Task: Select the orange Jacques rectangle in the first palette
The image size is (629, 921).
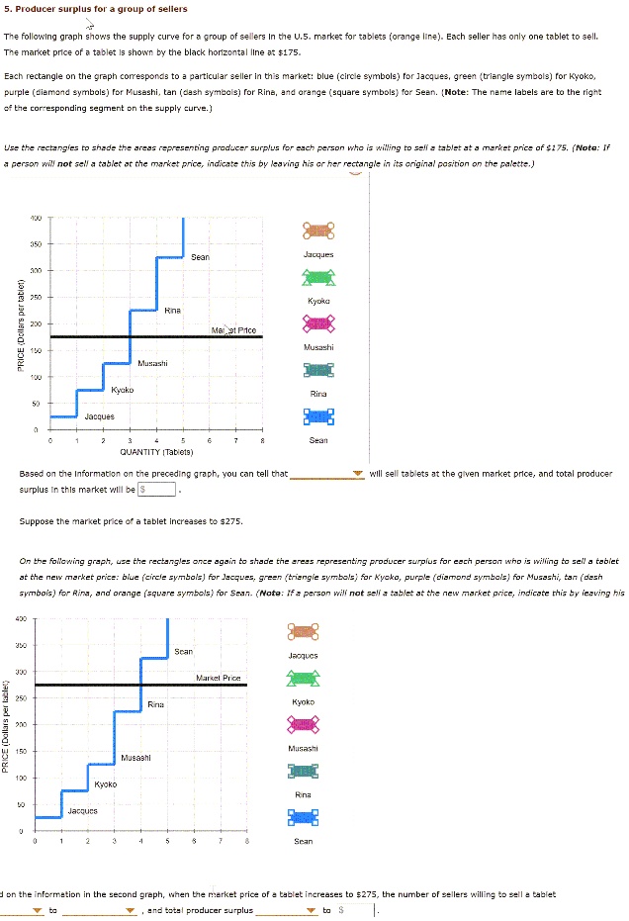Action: tap(318, 230)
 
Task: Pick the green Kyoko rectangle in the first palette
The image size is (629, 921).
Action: tap(318, 277)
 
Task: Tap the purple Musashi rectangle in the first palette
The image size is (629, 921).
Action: tap(318, 322)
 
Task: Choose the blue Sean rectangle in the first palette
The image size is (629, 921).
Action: tap(318, 416)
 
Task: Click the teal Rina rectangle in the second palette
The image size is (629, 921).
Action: tap(304, 771)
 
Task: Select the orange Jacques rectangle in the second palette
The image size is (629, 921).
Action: tap(304, 631)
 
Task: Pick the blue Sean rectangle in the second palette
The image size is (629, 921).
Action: tap(304, 817)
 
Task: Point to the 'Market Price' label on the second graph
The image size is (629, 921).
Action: tap(219, 678)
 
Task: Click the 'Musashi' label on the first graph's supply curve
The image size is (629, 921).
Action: tap(152, 363)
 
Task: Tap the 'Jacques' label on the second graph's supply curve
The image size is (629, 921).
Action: tap(82, 810)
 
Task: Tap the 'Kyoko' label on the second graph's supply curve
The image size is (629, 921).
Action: tap(106, 783)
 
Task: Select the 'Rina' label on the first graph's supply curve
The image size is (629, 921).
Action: tap(171, 310)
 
